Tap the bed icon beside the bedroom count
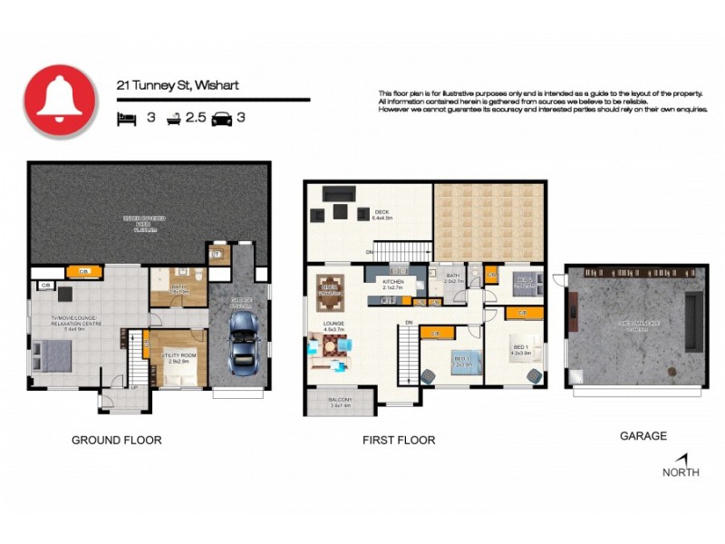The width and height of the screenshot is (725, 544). tap(126, 118)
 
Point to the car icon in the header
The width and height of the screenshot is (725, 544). tap(222, 118)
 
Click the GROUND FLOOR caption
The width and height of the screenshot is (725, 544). tap(116, 440)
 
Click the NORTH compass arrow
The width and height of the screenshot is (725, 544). tap(681, 461)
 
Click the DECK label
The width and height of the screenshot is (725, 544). tap(381, 214)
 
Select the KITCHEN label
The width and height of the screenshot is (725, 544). tap(392, 283)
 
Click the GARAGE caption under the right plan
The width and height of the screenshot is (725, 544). tap(643, 436)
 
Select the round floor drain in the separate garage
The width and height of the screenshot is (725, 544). tap(672, 371)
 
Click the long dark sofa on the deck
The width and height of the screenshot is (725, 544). tap(339, 193)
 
